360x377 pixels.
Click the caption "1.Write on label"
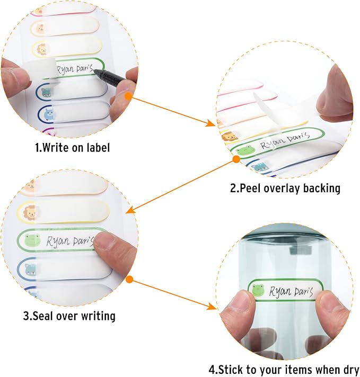pos(73,147)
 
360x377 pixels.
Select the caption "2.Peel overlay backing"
pos(285,188)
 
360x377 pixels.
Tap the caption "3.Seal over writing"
pos(69,316)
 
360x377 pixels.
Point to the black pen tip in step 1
pos(94,71)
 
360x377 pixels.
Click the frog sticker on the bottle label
pos(258,290)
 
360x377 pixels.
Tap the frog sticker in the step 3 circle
pos(32,240)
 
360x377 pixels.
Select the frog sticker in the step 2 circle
pos(245,150)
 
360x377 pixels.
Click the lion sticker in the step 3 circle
pos(29,212)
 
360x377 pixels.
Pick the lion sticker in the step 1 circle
pos(42,50)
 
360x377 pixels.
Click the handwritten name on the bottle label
pos(291,292)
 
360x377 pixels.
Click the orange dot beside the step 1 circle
pos(128,96)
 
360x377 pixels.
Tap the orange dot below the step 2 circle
pos(236,159)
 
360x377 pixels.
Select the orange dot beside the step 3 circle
pos(129,280)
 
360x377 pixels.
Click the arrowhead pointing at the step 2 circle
pos(211,123)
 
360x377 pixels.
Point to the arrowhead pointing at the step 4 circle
pos(212,306)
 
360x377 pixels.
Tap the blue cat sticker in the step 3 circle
pos(31,270)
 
